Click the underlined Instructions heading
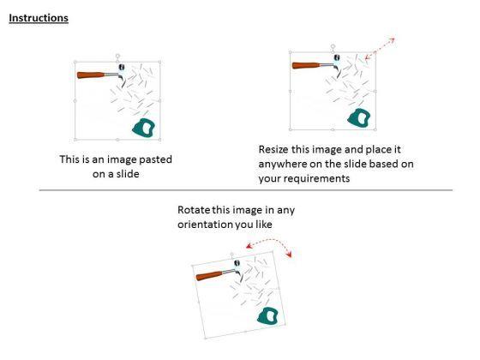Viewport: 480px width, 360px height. point(39,18)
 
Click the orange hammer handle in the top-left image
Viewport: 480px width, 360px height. point(91,75)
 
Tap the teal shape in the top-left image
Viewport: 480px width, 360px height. point(144,128)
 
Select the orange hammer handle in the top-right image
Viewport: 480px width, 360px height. point(306,65)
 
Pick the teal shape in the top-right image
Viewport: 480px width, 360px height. point(359,117)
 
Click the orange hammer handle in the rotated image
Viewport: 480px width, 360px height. point(210,275)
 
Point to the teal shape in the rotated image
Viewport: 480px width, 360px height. point(267,316)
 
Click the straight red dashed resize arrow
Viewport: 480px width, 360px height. point(381,48)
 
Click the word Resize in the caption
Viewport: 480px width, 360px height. point(273,150)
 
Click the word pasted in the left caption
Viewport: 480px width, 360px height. point(155,159)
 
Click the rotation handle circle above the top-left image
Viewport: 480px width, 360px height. point(117,56)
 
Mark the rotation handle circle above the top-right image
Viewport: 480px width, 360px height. point(333,46)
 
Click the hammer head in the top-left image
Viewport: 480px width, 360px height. point(122,73)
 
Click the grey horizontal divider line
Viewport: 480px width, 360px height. point(246,190)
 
